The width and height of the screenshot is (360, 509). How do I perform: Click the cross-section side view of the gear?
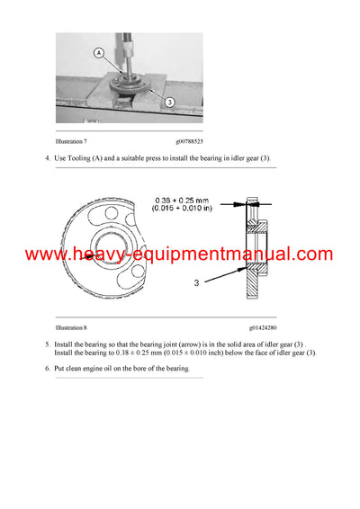pos(254,252)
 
